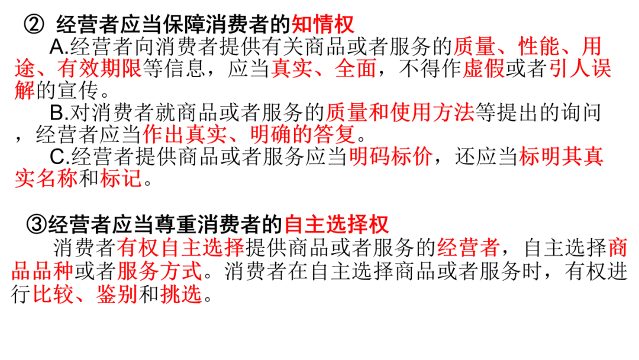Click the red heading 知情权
click(x=322, y=24)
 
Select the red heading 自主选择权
click(x=336, y=225)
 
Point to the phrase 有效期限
click(x=99, y=69)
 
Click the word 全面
click(x=356, y=69)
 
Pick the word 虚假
click(x=484, y=69)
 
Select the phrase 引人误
click(x=580, y=69)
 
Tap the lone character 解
click(x=25, y=92)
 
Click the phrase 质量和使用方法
click(x=400, y=112)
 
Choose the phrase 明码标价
click(x=390, y=157)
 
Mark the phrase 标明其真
click(x=561, y=157)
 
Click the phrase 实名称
click(x=46, y=179)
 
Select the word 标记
click(x=121, y=179)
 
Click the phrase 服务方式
click(x=160, y=272)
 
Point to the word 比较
click(x=53, y=294)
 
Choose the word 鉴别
click(x=117, y=294)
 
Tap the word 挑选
click(x=181, y=294)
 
